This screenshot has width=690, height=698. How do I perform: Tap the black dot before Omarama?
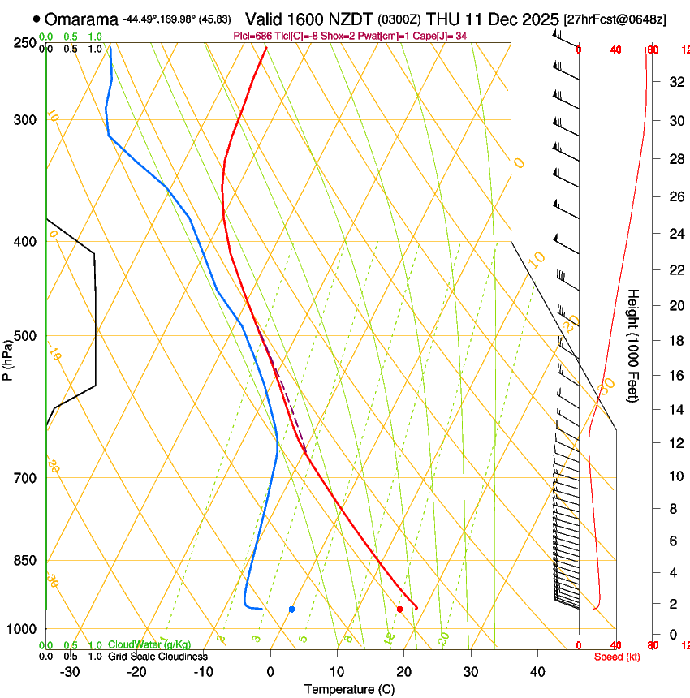pyautogui.click(x=37, y=19)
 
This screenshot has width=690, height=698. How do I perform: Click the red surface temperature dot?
pyautogui.click(x=399, y=609)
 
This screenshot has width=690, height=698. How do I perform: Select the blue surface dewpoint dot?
pyautogui.click(x=291, y=609)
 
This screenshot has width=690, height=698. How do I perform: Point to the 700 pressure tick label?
pyautogui.click(x=25, y=478)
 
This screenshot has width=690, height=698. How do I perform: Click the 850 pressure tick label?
pyautogui.click(x=25, y=561)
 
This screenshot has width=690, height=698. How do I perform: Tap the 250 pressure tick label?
pyautogui.click(x=25, y=42)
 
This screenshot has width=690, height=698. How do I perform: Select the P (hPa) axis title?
pyautogui.click(x=8, y=355)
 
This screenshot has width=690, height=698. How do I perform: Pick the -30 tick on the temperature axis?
pyautogui.click(x=70, y=672)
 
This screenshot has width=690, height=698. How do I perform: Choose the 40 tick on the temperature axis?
pyautogui.click(x=537, y=672)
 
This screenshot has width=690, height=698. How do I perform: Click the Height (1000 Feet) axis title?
pyautogui.click(x=634, y=345)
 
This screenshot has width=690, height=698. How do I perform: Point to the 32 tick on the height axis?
pyautogui.click(x=674, y=81)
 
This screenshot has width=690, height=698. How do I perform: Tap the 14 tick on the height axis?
pyautogui.click(x=674, y=410)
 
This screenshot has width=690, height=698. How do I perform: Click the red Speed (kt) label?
pyautogui.click(x=617, y=656)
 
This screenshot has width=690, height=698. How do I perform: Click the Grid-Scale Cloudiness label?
pyautogui.click(x=157, y=656)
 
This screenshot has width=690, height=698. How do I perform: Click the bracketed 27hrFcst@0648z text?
pyautogui.click(x=615, y=19)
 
